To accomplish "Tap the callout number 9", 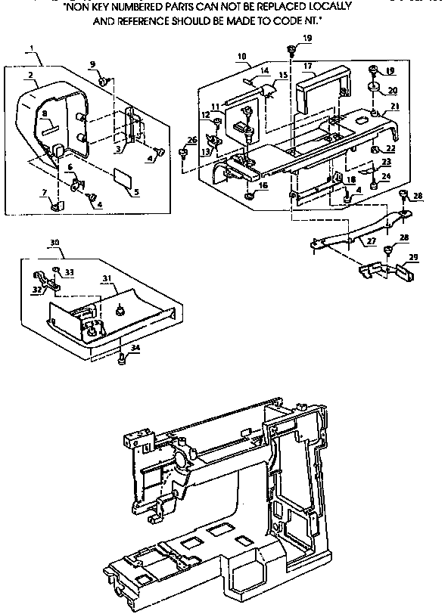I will (92, 65).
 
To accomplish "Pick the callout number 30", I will (54, 243).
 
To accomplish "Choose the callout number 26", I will (191, 139).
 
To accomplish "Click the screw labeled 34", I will (121, 359).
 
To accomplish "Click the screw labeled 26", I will (183, 154).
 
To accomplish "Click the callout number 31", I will (106, 278).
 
